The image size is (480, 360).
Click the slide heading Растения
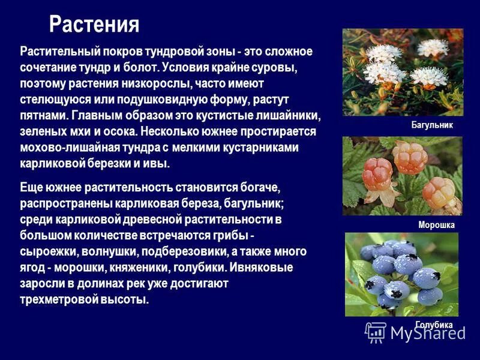pyautogui.click(x=94, y=25)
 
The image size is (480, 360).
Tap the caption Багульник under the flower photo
pyautogui.click(x=432, y=125)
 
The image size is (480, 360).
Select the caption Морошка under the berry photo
pyautogui.click(x=436, y=225)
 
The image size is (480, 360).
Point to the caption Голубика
pyautogui.click(x=433, y=325)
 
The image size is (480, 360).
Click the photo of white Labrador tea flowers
pyautogui.click(x=403, y=72)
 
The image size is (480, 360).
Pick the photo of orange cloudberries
pyautogui.click(x=402, y=176)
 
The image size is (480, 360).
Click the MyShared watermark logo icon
pyautogui.click(x=376, y=332)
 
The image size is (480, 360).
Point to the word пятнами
pyautogui.click(x=43, y=115)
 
